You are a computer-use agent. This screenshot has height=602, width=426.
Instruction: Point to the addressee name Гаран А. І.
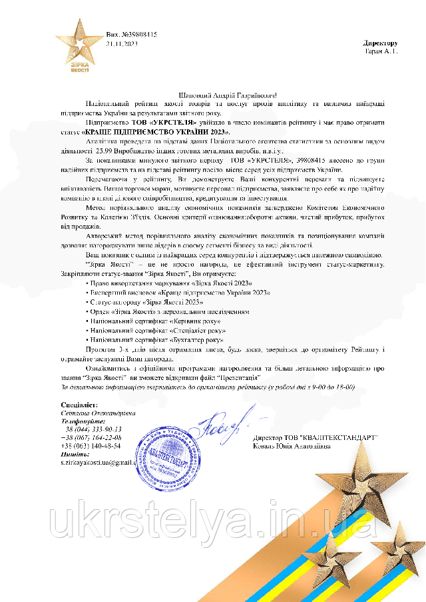pos(381,51)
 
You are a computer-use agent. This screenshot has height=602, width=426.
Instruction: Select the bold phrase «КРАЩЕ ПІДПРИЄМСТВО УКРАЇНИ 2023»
pos(156,133)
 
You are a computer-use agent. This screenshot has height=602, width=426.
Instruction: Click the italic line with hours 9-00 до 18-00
pos(207,387)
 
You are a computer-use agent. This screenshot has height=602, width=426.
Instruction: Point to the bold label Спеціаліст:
pos(79,405)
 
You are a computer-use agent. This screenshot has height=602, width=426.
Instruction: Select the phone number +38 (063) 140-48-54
pos(91,445)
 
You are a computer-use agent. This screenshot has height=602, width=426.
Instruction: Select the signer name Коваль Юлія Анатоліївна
pos(292,446)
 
